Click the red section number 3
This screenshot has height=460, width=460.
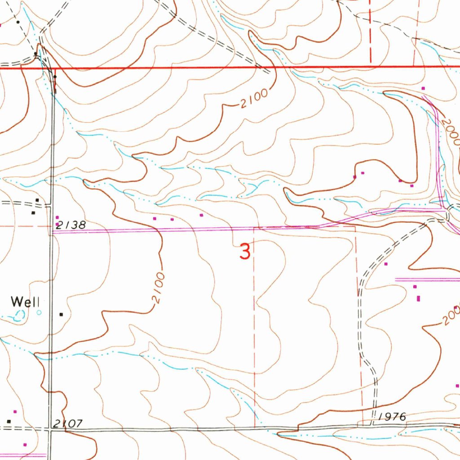point(245,252)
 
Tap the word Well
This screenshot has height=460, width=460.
point(26,301)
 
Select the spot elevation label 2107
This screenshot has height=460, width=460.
point(67,424)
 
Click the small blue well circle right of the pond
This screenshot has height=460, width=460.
point(39,312)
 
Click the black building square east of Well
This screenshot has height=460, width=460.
point(61,314)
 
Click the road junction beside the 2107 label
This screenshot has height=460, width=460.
point(50,429)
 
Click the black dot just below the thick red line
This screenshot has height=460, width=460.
point(55,77)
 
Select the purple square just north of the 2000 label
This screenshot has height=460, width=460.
point(423,88)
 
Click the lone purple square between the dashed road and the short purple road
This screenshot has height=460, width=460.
point(386,264)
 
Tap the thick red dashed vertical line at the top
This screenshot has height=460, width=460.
point(371,31)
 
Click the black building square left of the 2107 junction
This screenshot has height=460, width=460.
point(9,421)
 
